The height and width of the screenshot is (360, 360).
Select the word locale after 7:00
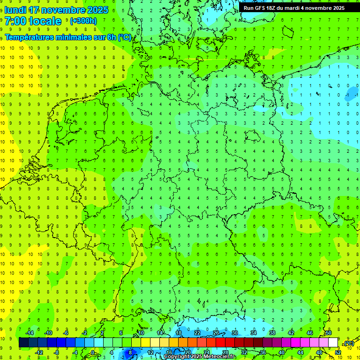pyautogui.click(x=45, y=21)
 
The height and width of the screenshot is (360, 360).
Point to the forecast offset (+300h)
pyautogui.click(x=83, y=21)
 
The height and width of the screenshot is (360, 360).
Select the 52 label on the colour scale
pyautogui.click(x=338, y=352)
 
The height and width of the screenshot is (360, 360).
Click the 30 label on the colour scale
pyautogui.click(x=235, y=333)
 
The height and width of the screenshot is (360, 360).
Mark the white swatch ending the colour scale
pyautogui.click(x=333, y=343)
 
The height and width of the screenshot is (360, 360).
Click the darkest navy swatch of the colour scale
pyautogui.click(x=23, y=343)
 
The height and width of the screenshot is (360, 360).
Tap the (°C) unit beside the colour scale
pyautogui.click(x=348, y=343)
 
